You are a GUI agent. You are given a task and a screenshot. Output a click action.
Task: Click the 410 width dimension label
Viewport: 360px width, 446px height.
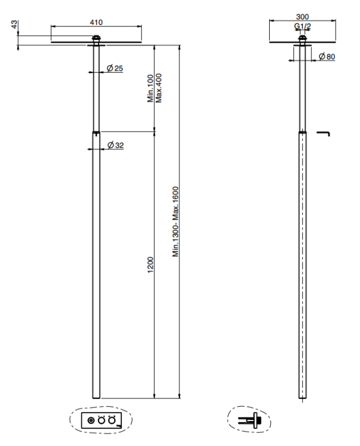(x=96, y=22)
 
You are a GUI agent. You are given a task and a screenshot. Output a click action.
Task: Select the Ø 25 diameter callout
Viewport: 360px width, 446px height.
(x=115, y=68)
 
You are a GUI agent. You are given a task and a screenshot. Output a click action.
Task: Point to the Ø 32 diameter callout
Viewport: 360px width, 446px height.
(x=116, y=145)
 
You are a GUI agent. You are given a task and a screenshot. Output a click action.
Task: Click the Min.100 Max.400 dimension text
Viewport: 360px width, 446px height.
(x=154, y=88)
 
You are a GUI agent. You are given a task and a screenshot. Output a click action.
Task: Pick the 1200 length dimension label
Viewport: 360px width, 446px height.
(x=150, y=265)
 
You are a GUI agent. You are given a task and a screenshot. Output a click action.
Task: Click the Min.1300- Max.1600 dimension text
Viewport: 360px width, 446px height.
(x=176, y=222)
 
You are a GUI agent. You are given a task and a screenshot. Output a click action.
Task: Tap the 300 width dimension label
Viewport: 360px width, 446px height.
(x=302, y=17)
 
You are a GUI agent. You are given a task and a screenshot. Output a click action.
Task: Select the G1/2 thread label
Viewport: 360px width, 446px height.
(x=302, y=26)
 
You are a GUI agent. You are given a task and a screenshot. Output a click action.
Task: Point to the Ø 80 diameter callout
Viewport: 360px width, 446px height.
(x=327, y=56)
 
